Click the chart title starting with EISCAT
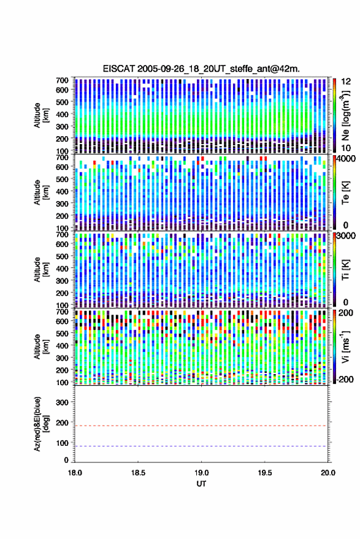201,69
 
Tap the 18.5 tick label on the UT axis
138,473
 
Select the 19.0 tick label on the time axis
201,473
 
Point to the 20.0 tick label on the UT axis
328,473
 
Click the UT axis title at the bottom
202,484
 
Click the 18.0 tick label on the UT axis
75,473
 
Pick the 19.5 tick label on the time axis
265,473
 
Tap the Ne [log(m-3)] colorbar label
345,115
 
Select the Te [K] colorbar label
345,193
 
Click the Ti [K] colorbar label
345,270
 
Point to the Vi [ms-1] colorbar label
345,346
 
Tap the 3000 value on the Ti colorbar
345,236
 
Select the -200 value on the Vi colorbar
344,379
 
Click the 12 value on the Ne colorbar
346,82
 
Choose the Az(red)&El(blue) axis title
41,424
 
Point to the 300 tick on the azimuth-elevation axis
62,402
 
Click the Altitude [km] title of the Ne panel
41,115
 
